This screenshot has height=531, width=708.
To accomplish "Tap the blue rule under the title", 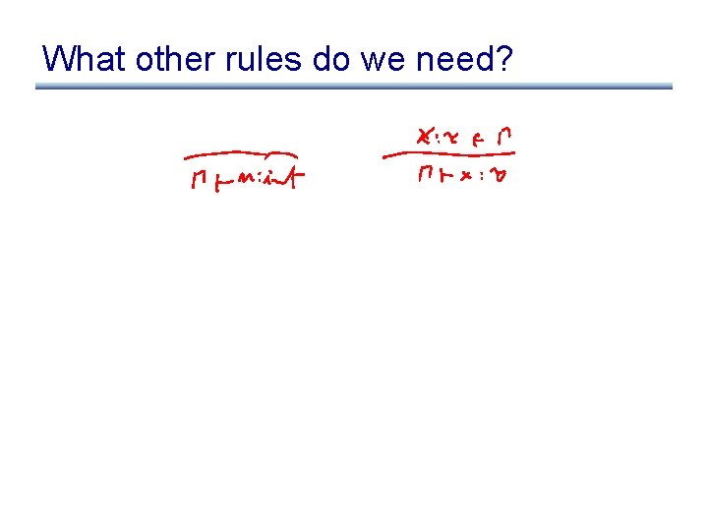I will click(354, 87).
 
